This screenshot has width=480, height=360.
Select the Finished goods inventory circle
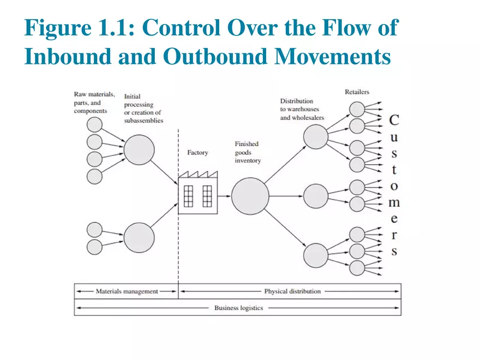click(x=250, y=196)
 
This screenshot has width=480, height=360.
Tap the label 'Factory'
click(x=197, y=153)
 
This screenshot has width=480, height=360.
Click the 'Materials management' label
click(x=127, y=291)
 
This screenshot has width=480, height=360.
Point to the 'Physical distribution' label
click(x=292, y=291)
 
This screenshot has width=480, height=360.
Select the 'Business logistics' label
click(x=238, y=308)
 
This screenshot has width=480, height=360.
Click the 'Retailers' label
click(x=357, y=92)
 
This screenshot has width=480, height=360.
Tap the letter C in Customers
click(x=394, y=120)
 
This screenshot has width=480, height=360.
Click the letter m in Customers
click(x=394, y=203)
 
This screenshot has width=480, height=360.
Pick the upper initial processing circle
click(x=139, y=149)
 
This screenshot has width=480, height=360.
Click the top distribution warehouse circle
click(x=316, y=136)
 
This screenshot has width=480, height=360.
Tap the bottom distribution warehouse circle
click(x=316, y=255)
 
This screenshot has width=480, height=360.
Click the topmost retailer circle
click(x=357, y=109)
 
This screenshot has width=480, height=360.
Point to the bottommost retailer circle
click(x=357, y=268)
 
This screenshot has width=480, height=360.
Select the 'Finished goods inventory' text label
click(x=248, y=153)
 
